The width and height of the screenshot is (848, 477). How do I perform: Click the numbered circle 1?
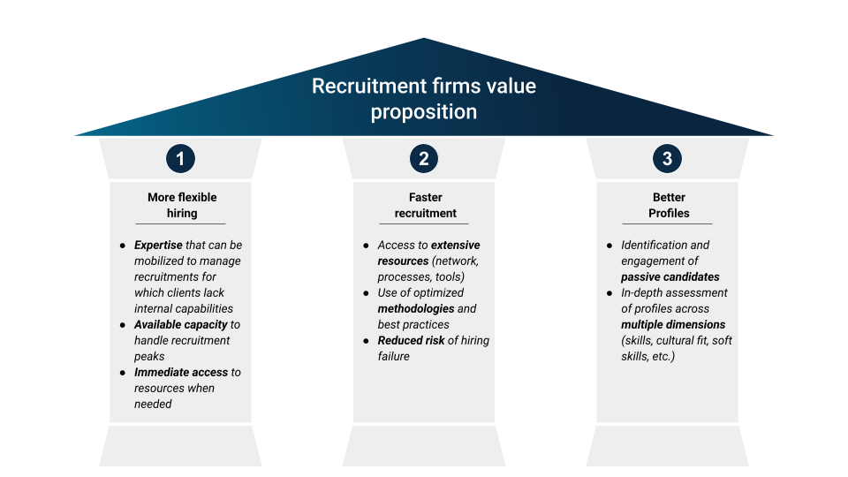180,159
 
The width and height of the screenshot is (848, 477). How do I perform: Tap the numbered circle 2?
424,159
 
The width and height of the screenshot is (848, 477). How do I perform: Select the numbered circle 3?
667,159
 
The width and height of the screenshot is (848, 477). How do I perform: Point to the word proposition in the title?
424,112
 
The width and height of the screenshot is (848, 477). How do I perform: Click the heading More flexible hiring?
182,205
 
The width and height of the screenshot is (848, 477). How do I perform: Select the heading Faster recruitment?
425,205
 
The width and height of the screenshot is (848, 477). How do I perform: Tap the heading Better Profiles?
669,205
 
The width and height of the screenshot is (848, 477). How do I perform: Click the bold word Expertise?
158,245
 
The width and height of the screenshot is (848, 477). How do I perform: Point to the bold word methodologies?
415,308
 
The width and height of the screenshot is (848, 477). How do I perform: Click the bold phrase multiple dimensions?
673,324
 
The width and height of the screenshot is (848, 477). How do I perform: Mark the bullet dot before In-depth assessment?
609,293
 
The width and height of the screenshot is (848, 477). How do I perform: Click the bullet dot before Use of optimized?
367,293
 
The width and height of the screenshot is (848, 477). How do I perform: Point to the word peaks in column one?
149,356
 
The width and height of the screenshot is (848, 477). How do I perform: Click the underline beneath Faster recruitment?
425,223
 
